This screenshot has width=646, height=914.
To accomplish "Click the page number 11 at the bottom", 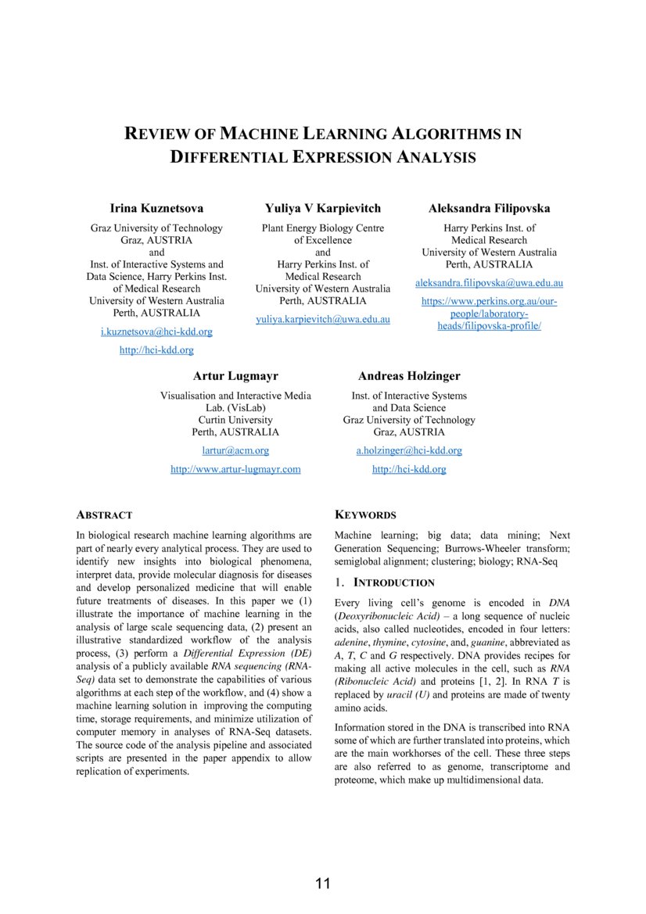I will point(323,884).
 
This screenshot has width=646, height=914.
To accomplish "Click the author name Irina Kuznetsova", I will point(156,208).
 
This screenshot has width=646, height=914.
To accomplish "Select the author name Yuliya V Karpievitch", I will point(323,208).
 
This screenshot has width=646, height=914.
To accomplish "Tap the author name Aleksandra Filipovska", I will point(489,208).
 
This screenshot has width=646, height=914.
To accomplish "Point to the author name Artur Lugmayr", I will point(235,376).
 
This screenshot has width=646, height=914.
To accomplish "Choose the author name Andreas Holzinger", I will point(409,376).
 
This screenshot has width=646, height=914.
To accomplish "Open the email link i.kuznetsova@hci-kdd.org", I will point(156,332).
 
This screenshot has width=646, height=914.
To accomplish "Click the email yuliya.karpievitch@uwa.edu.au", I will point(323,319).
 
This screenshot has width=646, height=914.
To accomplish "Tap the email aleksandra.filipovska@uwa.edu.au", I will point(489,282).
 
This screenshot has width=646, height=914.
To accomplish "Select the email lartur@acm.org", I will point(235,450).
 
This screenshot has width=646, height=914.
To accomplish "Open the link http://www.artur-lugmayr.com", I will point(235,469).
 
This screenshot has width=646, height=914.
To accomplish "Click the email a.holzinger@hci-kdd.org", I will point(409,450).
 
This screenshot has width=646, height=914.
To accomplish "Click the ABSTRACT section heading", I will point(104,515).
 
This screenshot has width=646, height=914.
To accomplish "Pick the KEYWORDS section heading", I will point(365,515).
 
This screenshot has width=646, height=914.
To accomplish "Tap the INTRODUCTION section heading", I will point(393,582).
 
